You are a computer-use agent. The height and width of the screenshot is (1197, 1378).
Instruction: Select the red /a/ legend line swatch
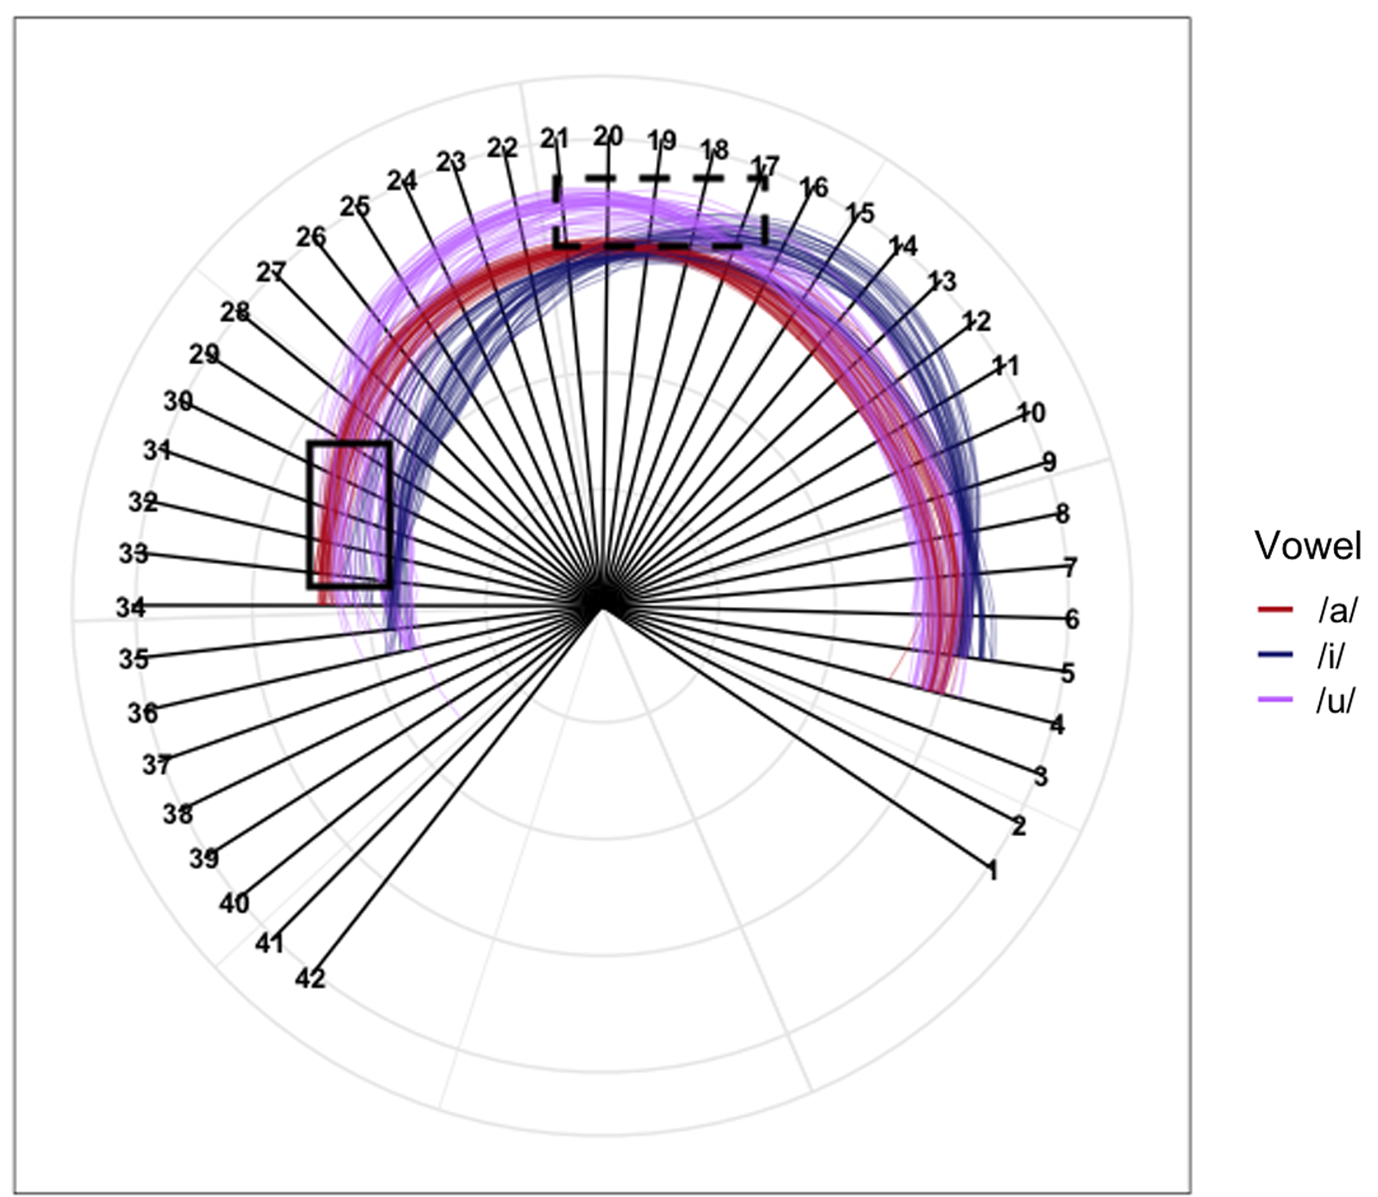click(x=1275, y=609)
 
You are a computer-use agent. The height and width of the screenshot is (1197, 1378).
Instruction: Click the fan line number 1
click(x=993, y=871)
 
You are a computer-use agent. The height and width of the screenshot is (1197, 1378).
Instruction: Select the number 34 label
click(x=131, y=608)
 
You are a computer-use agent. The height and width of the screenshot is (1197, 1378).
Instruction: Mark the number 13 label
click(x=942, y=281)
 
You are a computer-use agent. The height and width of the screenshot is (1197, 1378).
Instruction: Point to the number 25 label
click(x=354, y=206)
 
